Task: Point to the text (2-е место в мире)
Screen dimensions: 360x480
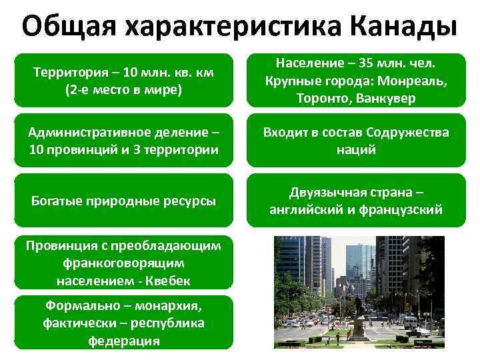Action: [123, 89]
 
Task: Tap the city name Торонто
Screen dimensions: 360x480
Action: [319, 98]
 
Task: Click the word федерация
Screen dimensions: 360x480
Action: [123, 340]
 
